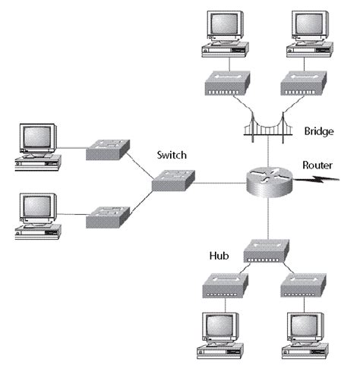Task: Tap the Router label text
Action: tap(318, 164)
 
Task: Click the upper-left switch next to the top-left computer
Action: tap(107, 149)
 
